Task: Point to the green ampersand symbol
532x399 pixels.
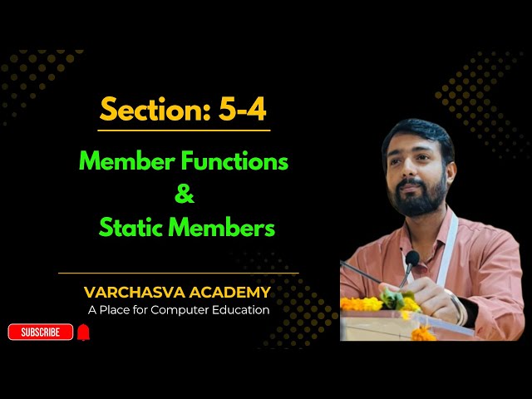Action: coord(185,195)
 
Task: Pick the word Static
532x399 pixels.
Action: coord(131,228)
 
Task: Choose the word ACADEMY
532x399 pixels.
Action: coord(230,293)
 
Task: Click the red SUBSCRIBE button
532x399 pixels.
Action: coord(40,332)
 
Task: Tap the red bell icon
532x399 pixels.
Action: coord(83,332)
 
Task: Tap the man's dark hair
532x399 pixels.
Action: coord(416,133)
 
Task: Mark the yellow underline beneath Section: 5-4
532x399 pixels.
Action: coord(184,131)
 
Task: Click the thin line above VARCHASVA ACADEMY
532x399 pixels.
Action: coord(178,273)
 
